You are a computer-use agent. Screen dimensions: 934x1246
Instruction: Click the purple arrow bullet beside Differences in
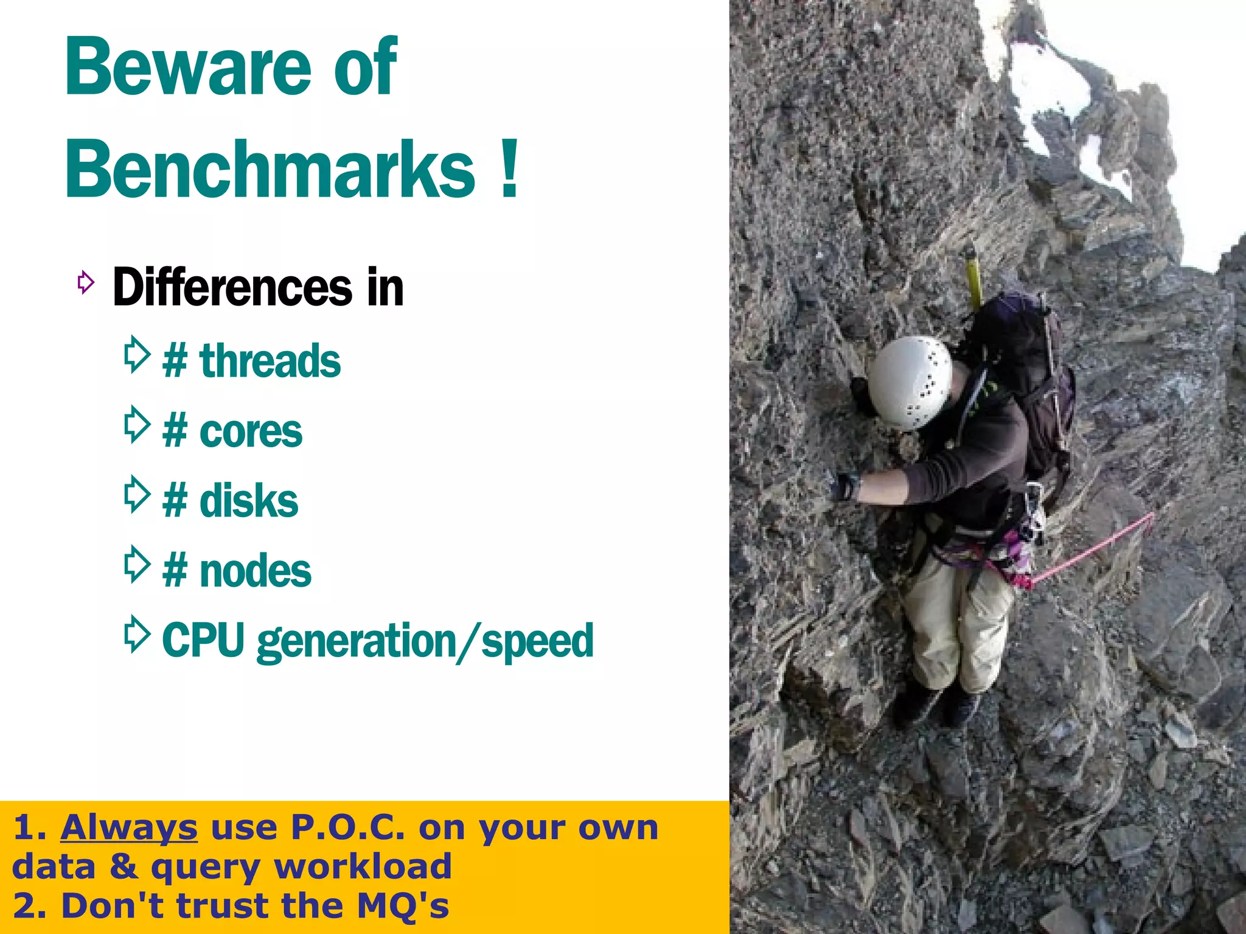pyautogui.click(x=86, y=282)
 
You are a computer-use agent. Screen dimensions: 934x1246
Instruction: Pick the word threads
pyautogui.click(x=270, y=361)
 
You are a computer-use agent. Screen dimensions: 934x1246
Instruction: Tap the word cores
pyautogui.click(x=251, y=431)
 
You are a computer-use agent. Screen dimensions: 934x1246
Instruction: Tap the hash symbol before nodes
pyautogui.click(x=175, y=571)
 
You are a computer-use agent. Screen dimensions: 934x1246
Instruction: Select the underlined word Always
pyautogui.click(x=129, y=828)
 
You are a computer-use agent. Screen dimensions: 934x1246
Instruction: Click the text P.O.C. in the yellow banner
pyautogui.click(x=347, y=828)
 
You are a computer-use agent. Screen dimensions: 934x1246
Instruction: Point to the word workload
pyautogui.click(x=363, y=866)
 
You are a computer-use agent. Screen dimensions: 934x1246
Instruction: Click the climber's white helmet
pyautogui.click(x=910, y=382)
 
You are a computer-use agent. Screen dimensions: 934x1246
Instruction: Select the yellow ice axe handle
pyautogui.click(x=972, y=277)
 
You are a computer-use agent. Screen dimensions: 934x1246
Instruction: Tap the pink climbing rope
pyautogui.click(x=1095, y=548)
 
